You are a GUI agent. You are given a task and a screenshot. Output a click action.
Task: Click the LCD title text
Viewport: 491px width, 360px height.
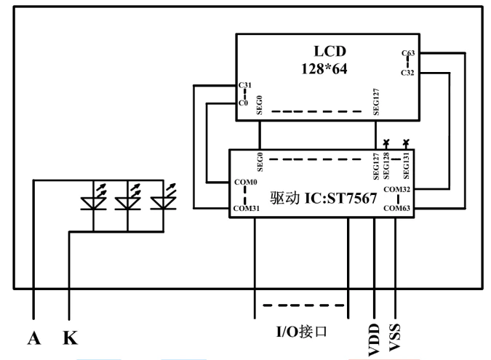pos(330,52)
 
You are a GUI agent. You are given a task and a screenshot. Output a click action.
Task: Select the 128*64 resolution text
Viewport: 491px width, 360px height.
pos(324,69)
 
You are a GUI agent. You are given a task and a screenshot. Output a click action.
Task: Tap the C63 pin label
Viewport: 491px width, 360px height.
pos(408,53)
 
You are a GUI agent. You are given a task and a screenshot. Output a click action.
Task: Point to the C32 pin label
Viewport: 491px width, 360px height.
pos(407,73)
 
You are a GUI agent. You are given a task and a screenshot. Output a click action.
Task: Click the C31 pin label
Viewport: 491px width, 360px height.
pos(245,85)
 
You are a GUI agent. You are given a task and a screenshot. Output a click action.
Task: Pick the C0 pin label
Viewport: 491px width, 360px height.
pos(243,103)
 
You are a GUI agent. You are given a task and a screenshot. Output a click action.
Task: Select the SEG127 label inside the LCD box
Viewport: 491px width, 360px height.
pos(376,102)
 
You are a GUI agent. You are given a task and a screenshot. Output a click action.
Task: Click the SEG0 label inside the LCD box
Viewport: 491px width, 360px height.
pos(259,105)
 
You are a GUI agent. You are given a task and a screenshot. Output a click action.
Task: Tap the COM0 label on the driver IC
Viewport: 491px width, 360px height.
pos(246,182)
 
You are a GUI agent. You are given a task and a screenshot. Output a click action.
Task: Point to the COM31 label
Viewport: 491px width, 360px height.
pos(247,208)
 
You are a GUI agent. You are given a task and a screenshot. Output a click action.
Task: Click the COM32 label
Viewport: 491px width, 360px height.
pos(396,189)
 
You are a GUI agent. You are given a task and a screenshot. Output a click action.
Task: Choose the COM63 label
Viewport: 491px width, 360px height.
pos(396,208)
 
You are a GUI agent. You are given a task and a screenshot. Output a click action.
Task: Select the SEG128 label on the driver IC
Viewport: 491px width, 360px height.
pos(386,166)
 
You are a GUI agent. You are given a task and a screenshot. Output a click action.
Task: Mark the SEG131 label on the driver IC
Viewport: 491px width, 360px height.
pos(406,166)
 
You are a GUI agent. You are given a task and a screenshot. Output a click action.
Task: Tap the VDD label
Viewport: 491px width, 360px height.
pos(374,340)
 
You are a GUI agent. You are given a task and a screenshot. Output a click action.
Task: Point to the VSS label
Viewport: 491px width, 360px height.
pos(394,337)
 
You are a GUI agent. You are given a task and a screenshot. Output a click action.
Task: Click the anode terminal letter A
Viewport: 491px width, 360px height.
pos(33,338)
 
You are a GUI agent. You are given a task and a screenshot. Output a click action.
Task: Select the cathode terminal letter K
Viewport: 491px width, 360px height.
pos(70,338)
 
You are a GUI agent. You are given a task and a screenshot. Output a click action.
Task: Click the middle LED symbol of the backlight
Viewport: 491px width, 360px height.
pos(128,197)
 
